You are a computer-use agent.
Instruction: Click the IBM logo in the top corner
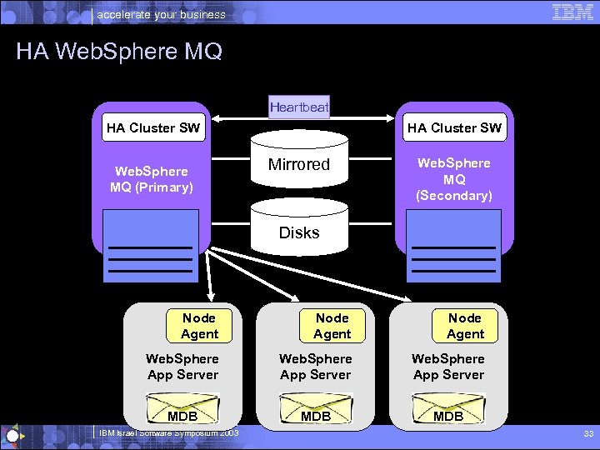tap(572, 12)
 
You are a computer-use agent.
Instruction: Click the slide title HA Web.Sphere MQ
tap(119, 52)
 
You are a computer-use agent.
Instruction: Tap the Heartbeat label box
tap(299, 107)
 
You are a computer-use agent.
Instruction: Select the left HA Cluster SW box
tap(153, 127)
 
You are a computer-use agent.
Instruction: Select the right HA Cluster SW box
tap(454, 127)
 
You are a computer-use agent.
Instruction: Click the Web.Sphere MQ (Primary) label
tap(152, 179)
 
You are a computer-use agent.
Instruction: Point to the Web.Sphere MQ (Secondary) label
tap(454, 179)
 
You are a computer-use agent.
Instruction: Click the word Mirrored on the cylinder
tap(299, 165)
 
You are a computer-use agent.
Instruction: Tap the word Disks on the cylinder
tap(299, 233)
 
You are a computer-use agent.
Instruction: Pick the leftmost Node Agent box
tap(199, 326)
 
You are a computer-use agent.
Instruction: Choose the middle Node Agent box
tap(332, 326)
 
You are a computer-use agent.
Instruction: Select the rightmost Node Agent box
tap(465, 326)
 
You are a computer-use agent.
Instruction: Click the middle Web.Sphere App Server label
tap(316, 367)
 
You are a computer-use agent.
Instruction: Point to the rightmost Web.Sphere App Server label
tap(448, 367)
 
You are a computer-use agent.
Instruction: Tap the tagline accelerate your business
tap(162, 14)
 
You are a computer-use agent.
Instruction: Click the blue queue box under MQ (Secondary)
tap(454, 246)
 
